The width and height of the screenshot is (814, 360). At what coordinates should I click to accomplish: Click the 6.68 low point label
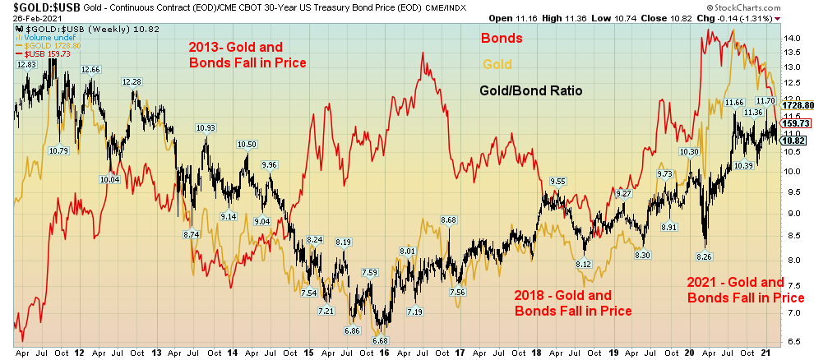(380, 340)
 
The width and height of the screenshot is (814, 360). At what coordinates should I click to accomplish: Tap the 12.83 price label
(27, 64)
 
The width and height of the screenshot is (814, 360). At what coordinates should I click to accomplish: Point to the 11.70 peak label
(765, 101)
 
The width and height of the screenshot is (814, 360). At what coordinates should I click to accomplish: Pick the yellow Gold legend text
(498, 63)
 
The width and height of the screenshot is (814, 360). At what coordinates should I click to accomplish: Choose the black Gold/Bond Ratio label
(531, 91)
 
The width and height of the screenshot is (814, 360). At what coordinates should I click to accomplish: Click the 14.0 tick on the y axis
(792, 39)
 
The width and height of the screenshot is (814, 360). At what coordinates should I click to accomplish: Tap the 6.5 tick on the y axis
(791, 340)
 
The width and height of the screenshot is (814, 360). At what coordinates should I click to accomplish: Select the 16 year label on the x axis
(384, 350)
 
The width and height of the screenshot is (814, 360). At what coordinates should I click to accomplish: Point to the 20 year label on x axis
(690, 350)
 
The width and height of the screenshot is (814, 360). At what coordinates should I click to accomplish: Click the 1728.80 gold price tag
(797, 106)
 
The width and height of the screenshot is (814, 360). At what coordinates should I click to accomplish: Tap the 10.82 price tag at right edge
(793, 141)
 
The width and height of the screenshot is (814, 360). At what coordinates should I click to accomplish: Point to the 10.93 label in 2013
(206, 127)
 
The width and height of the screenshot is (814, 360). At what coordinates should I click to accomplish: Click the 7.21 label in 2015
(326, 311)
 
